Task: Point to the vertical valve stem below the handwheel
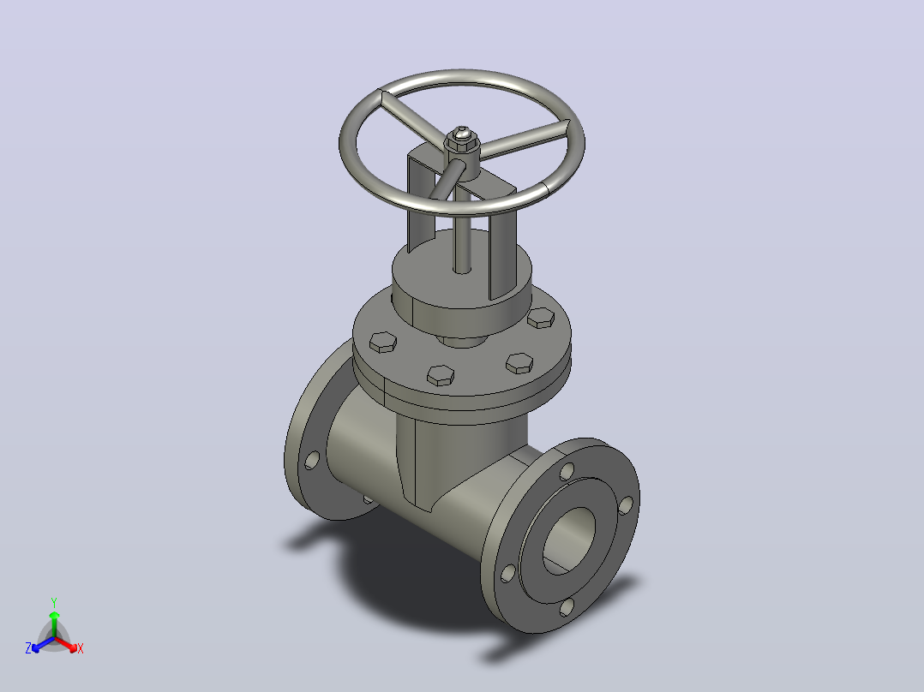click(463, 236)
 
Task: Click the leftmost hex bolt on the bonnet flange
click(383, 342)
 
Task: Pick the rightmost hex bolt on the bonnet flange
click(541, 318)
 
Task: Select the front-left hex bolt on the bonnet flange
click(441, 375)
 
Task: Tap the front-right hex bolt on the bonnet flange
click(519, 363)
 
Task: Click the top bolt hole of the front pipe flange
click(567, 471)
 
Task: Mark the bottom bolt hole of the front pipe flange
click(567, 607)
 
